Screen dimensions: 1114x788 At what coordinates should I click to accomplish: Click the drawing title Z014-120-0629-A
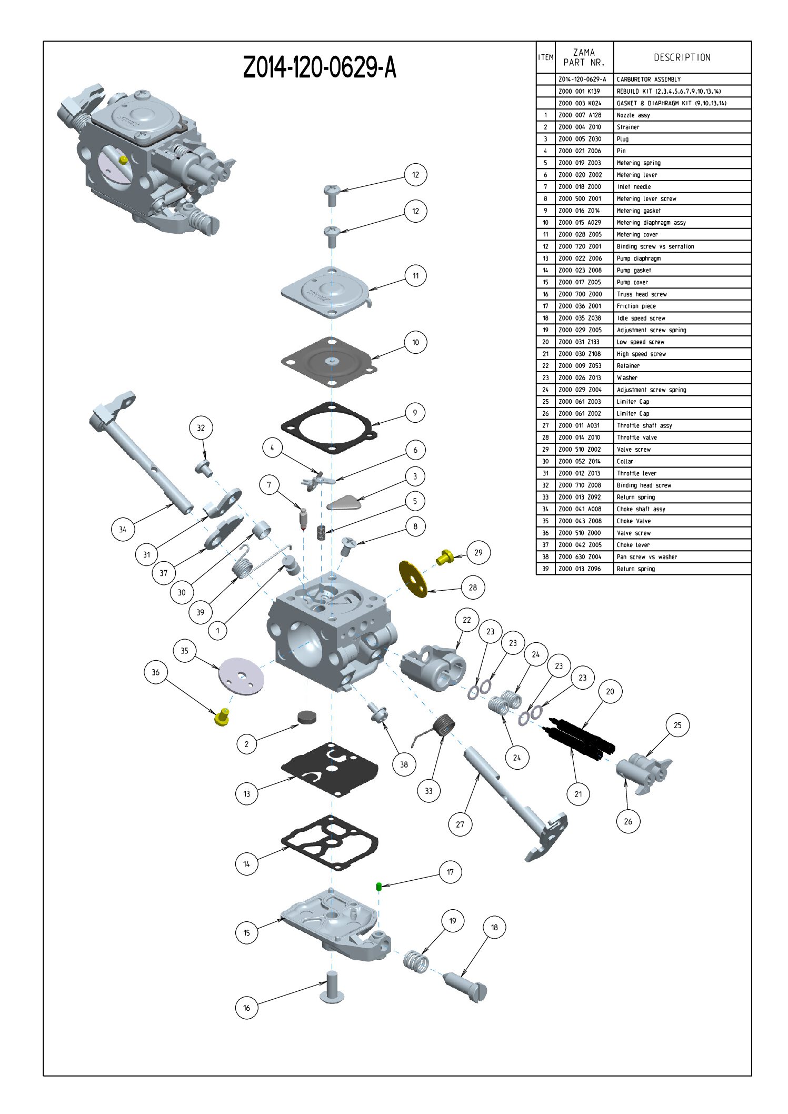tap(319, 67)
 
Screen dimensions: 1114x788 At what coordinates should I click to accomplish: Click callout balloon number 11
tap(415, 275)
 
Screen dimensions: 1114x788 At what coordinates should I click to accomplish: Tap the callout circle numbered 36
tap(155, 672)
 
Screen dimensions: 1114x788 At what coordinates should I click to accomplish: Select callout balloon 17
tap(450, 872)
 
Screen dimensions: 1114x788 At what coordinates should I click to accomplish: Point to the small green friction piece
tap(379, 887)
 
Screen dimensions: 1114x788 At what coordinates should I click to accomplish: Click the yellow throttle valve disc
tap(413, 579)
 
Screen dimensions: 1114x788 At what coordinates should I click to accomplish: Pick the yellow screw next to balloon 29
tap(445, 556)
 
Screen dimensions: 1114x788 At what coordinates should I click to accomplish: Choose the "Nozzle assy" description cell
tap(633, 115)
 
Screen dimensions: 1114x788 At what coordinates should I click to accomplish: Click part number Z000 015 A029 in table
tap(580, 223)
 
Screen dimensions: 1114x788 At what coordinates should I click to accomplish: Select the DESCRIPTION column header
tap(682, 57)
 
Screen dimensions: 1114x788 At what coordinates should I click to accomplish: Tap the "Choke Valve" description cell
tap(634, 521)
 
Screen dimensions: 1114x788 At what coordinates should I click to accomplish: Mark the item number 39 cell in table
tap(545, 569)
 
